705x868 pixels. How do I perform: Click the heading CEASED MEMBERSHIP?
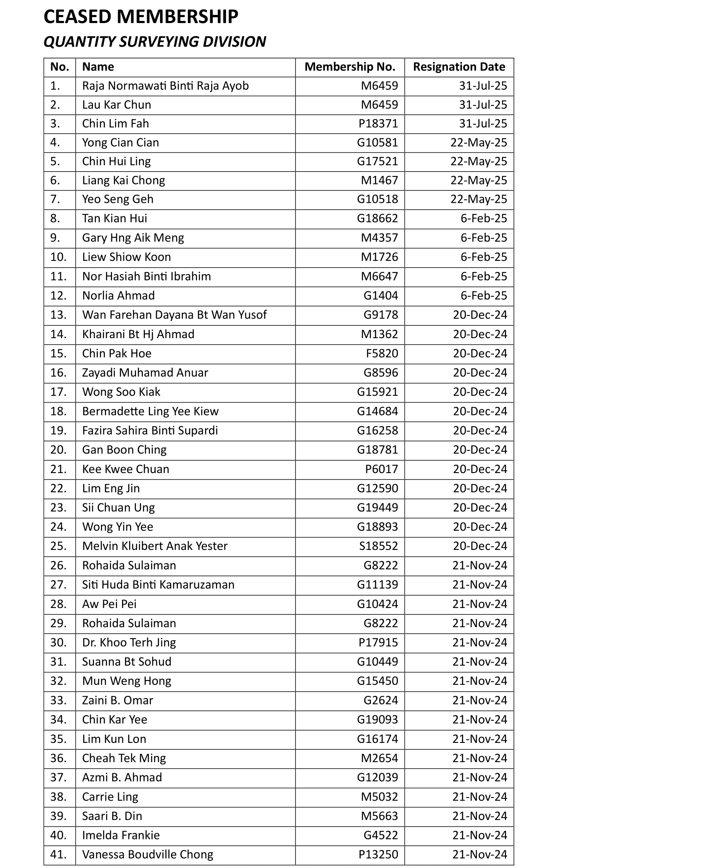[x=141, y=17]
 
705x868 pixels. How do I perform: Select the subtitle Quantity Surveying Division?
[x=155, y=42]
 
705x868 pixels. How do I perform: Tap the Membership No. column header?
[x=350, y=67]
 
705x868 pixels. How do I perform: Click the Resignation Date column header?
[x=459, y=67]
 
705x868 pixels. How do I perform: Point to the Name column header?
[x=98, y=67]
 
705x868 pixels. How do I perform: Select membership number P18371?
[x=378, y=124]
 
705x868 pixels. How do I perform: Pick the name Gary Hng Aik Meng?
[x=133, y=238]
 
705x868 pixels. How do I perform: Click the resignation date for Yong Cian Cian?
[x=479, y=143]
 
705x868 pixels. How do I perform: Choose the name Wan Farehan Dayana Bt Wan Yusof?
[x=174, y=315]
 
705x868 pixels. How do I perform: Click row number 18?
[x=58, y=411]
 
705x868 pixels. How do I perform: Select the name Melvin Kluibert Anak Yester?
[x=155, y=546]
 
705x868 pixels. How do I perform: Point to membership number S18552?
[x=378, y=546]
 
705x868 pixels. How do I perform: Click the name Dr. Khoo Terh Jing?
[x=129, y=643]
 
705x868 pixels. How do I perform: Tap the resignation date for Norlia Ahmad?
[x=484, y=296]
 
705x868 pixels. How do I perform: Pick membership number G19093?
[x=377, y=720]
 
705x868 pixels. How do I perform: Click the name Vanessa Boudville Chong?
[x=148, y=854]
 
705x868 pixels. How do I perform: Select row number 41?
[x=58, y=854]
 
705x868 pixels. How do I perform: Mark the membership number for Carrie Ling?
[x=379, y=797]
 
